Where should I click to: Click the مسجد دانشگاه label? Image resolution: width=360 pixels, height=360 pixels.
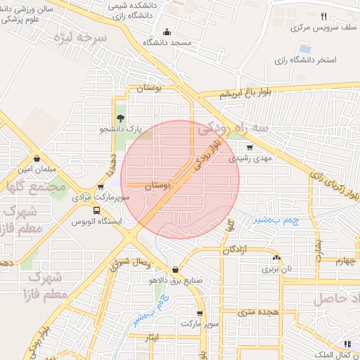click(167, 44)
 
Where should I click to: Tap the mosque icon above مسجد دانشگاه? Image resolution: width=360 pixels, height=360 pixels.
click(167, 32)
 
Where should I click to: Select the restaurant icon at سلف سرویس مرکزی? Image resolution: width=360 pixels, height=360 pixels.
click(323, 16)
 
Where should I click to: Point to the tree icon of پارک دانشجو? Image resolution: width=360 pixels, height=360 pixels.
click(120, 118)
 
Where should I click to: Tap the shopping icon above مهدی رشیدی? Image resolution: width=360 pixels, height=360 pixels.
click(250, 148)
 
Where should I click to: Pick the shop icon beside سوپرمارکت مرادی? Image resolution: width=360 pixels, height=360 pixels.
click(101, 188)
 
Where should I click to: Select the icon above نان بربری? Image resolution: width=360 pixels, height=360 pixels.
click(276, 257)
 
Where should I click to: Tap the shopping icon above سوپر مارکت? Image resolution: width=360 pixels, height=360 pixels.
click(200, 314)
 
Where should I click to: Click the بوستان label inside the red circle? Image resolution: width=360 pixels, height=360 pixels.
click(157, 186)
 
